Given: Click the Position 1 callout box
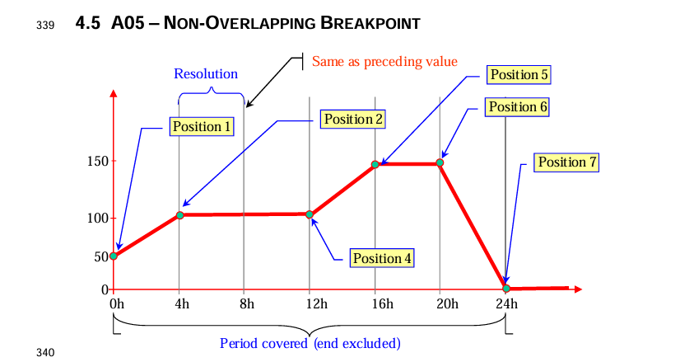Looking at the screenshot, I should [200, 126].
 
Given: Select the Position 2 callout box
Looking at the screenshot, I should [354, 119].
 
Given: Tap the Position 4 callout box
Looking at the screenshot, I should [382, 258].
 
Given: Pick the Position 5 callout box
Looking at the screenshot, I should [519, 75].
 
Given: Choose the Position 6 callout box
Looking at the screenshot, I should [517, 106].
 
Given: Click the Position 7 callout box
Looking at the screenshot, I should [567, 162].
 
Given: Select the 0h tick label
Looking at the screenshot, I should [117, 304].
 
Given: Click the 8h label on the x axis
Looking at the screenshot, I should [246, 304].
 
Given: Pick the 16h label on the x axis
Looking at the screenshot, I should [376, 304].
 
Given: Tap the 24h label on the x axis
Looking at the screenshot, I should [506, 304].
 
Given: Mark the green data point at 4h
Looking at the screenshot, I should [179, 215].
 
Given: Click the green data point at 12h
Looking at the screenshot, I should [310, 214].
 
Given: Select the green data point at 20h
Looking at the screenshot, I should [440, 162].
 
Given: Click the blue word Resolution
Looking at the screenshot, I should [206, 74].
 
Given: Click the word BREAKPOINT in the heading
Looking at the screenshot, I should [370, 24].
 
